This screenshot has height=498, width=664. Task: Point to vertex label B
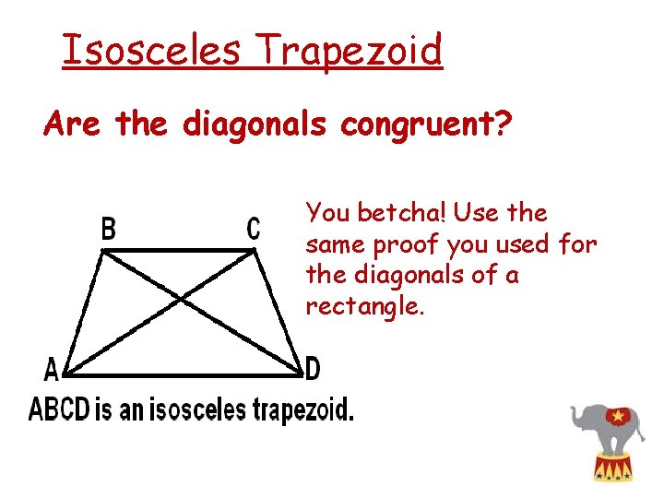(108, 228)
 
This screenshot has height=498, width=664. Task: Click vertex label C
(254, 228)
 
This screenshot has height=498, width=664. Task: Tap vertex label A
(52, 371)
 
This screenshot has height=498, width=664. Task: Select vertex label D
(313, 371)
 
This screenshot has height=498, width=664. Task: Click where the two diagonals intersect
(182, 298)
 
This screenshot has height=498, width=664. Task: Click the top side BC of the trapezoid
(180, 249)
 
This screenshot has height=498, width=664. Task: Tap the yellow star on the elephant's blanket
(615, 417)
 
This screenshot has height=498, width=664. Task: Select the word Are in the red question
(76, 124)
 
